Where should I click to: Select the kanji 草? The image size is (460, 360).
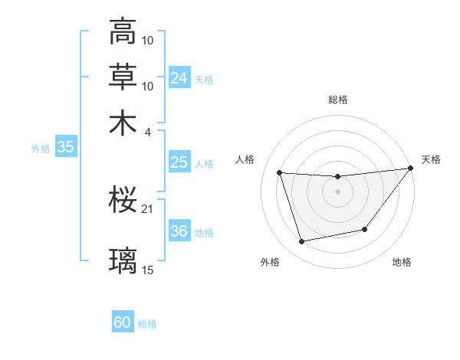click(123, 77)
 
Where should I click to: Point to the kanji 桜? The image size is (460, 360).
click(123, 201)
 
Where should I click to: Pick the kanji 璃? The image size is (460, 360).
click(123, 260)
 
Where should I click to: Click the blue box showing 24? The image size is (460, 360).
click(179, 78)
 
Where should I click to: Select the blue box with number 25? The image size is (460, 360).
click(179, 162)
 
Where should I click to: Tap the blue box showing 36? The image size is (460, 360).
click(179, 231)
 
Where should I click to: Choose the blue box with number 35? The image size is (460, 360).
click(65, 148)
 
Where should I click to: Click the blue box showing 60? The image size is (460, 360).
click(123, 322)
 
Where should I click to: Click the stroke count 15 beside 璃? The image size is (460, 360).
click(148, 270)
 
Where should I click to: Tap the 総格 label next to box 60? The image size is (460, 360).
click(147, 324)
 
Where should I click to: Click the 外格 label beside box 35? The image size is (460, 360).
click(41, 149)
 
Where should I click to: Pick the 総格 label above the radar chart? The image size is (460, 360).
click(337, 100)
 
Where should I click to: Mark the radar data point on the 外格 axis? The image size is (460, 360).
click(301, 242)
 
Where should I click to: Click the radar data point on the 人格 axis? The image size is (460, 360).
click(280, 173)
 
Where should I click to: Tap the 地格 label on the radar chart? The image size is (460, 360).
click(402, 263)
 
